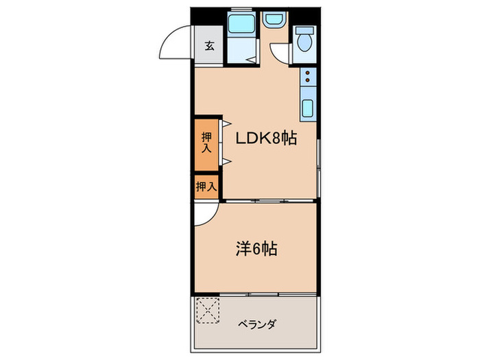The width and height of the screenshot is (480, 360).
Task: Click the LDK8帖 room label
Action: (x=266, y=139)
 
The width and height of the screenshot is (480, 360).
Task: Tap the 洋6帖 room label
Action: (x=256, y=249)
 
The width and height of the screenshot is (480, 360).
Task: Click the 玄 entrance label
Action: (x=209, y=47)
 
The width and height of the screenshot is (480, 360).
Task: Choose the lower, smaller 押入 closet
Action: (x=206, y=186)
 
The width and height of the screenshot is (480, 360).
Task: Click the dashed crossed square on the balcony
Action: (x=207, y=309)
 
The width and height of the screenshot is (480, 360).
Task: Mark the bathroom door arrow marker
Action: (x=252, y=61)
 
